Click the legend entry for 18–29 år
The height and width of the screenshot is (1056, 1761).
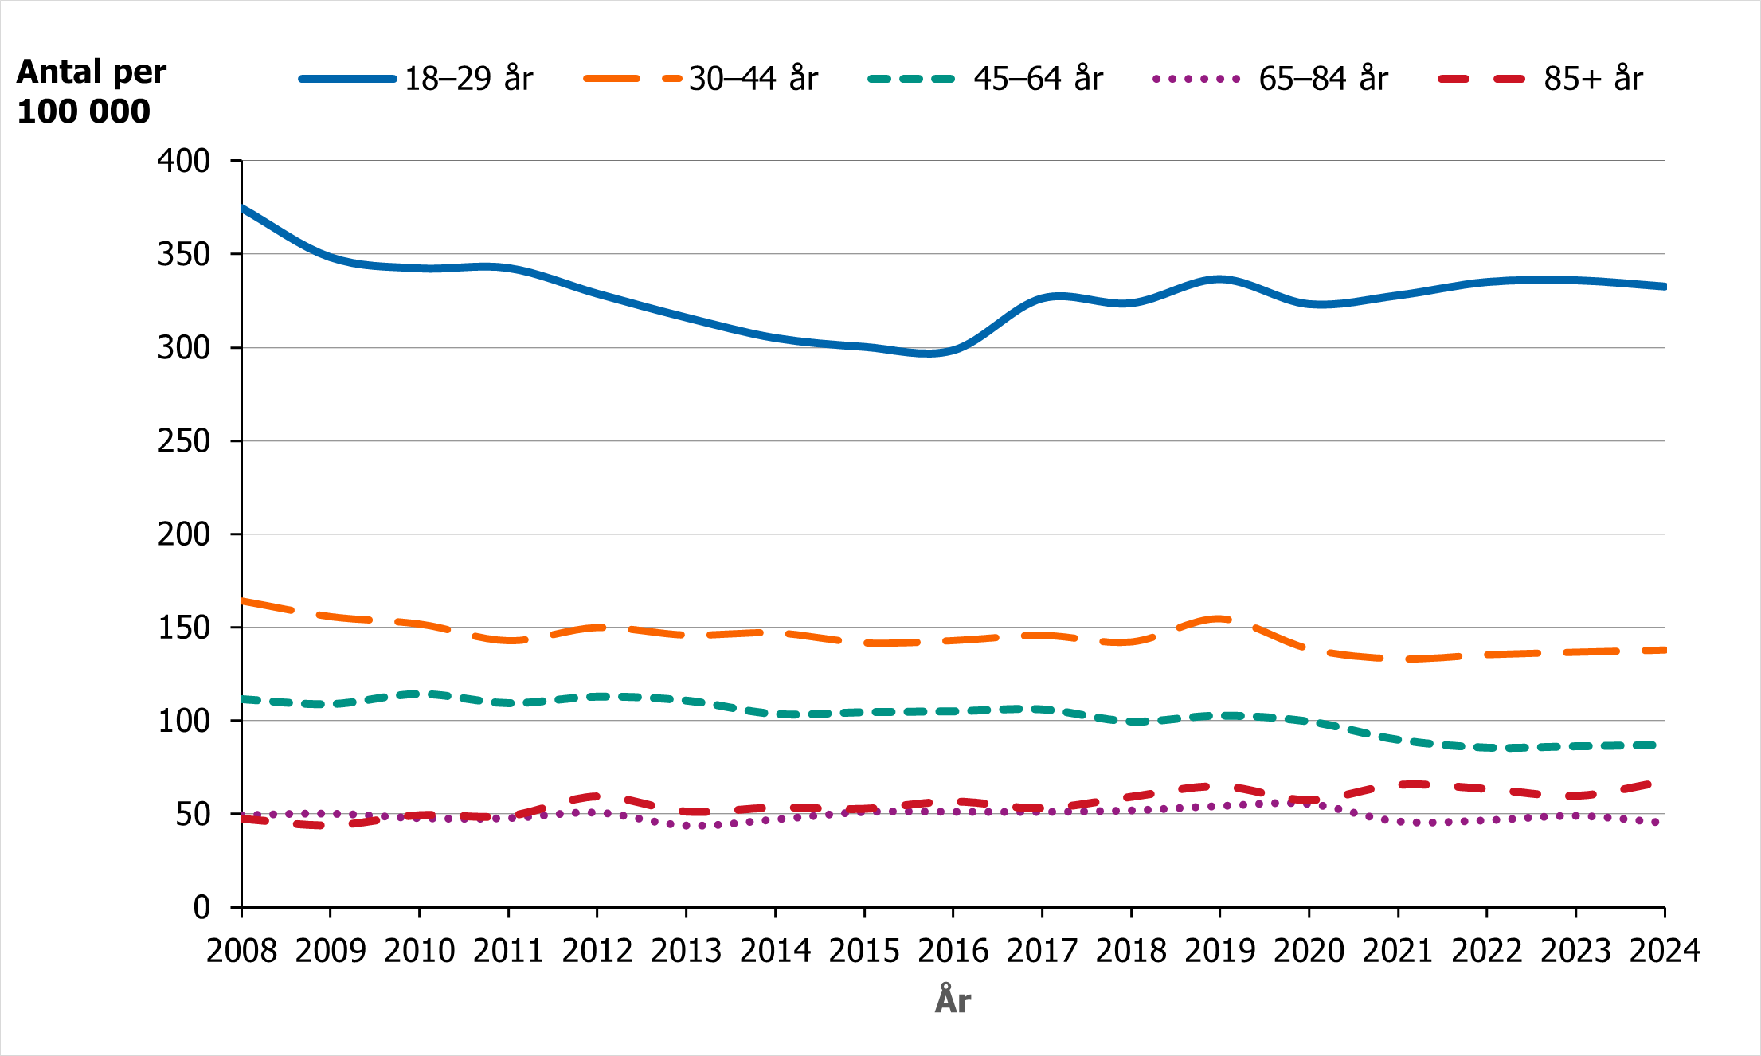pyautogui.click(x=468, y=79)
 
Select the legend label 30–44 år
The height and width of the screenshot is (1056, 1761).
pyautogui.click(x=753, y=79)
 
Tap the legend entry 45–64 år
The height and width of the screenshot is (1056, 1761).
pyautogui.click(x=1038, y=79)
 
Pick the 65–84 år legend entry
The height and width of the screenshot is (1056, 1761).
pyautogui.click(x=1323, y=79)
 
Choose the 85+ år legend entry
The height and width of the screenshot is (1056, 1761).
pyautogui.click(x=1593, y=79)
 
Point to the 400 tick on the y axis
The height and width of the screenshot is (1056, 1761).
pyautogui.click(x=184, y=161)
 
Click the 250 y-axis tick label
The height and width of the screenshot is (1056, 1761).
pyautogui.click(x=184, y=441)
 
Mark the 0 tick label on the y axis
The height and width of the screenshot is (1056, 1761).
pyautogui.click(x=202, y=907)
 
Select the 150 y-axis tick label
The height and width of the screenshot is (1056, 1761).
pyautogui.click(x=184, y=628)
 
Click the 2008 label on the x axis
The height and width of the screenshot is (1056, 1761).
pyautogui.click(x=241, y=951)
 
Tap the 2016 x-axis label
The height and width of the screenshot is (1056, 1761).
pyautogui.click(x=953, y=951)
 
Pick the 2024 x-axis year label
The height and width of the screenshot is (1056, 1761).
pyautogui.click(x=1664, y=951)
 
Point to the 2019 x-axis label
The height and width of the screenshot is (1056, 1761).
pyautogui.click(x=1219, y=951)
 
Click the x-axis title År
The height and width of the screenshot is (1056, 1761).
pyautogui.click(x=953, y=1000)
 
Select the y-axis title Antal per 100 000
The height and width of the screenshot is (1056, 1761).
pyautogui.click(x=91, y=92)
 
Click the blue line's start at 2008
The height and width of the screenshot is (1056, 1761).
pyautogui.click(x=243, y=208)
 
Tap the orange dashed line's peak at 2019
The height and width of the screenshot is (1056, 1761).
pyautogui.click(x=1219, y=619)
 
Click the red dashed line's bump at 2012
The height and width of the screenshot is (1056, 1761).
pyautogui.click(x=597, y=796)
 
